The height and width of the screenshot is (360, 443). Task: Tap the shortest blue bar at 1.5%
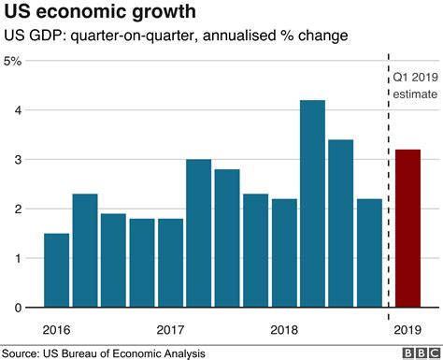coord(56,270)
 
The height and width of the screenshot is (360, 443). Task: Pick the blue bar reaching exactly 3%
coord(198,234)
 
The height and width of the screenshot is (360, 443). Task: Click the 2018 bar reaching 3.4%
coord(340,223)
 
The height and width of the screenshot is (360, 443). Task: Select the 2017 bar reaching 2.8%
coord(227,238)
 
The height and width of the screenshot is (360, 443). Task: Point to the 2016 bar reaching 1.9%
coord(113,261)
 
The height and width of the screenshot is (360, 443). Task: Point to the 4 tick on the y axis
coord(20,110)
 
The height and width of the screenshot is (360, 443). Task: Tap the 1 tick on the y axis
coord(20,258)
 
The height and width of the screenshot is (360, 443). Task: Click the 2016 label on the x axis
coord(57,329)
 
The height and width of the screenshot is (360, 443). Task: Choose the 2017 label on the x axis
coord(170,329)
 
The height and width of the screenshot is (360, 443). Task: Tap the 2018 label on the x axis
coord(284,329)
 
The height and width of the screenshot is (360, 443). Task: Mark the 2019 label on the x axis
coord(409,329)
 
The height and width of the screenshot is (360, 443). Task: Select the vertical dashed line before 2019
coord(387,187)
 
